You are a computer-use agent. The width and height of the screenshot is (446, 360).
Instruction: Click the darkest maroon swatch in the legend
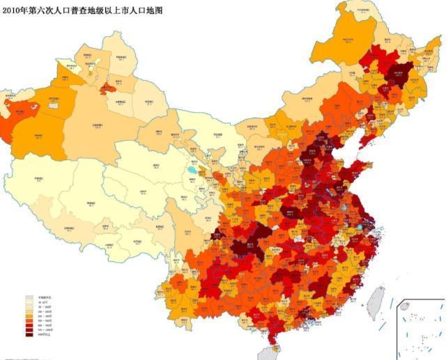29,335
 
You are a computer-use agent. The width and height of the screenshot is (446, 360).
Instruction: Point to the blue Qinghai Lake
191,170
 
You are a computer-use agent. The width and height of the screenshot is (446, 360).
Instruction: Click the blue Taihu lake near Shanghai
360,226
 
